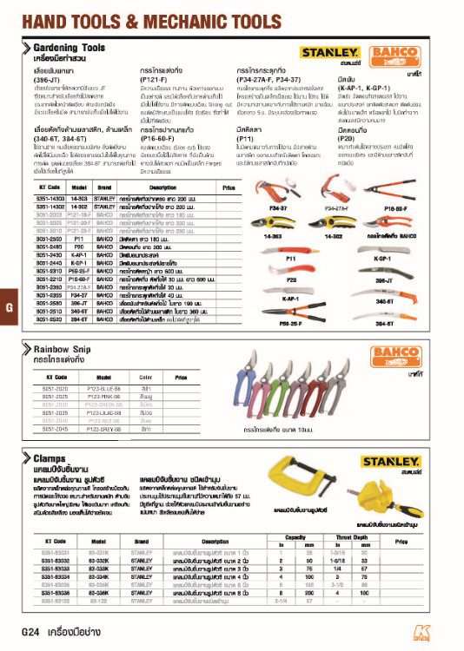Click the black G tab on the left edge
coord(8,308)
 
